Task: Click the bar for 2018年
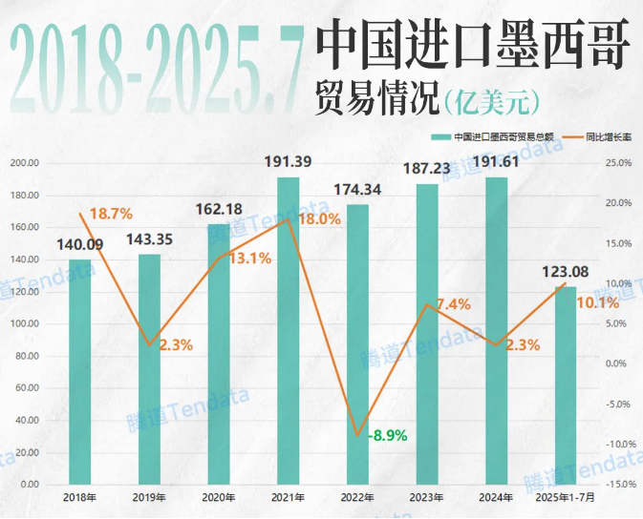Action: tap(79, 372)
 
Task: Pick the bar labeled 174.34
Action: tap(357, 344)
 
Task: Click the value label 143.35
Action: tap(150, 239)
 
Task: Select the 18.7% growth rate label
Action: tap(111, 214)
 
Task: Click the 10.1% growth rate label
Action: tap(599, 304)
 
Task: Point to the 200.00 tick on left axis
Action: tap(23, 163)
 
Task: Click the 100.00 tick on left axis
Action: tap(23, 323)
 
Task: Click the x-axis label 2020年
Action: tap(219, 498)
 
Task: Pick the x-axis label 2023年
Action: tap(427, 498)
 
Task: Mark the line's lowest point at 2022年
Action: tap(357, 436)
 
